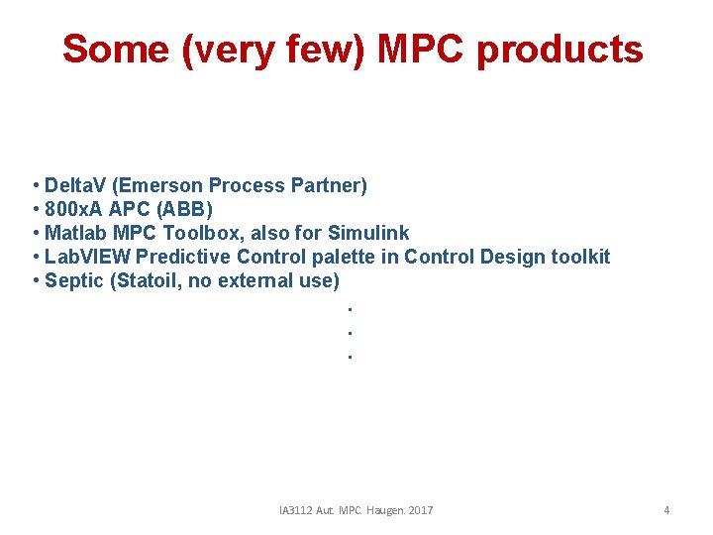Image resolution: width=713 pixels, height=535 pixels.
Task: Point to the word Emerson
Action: point(161,185)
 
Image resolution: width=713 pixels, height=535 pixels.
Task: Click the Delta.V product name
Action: point(77,185)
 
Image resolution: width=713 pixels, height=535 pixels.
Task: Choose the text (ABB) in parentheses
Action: point(186,209)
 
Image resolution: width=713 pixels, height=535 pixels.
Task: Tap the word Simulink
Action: point(367,233)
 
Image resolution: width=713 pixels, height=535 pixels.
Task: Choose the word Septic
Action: point(74,280)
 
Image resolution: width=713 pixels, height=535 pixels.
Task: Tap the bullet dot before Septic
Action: point(36,280)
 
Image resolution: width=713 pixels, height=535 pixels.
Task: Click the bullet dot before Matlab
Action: point(36,233)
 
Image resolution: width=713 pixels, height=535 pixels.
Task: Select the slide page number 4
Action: point(666,510)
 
